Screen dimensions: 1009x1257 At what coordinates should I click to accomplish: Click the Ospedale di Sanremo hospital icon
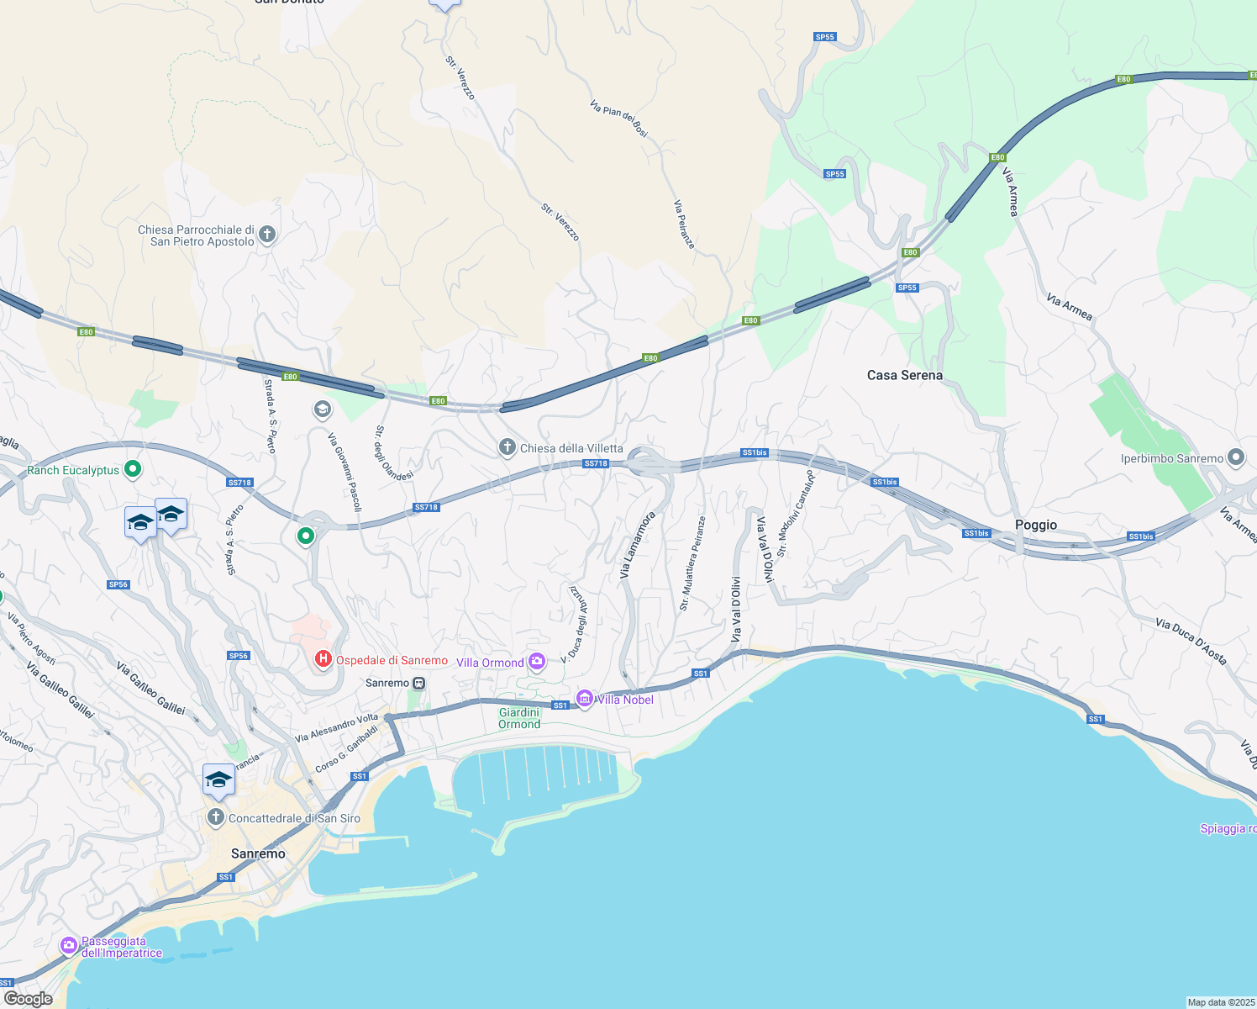[x=323, y=660]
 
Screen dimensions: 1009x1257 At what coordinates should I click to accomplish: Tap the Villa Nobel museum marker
[x=585, y=699]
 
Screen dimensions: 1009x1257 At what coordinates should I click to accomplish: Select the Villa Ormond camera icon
[x=537, y=662]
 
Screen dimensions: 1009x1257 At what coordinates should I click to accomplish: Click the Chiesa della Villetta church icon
[x=507, y=447]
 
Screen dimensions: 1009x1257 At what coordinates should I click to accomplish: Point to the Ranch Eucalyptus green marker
[x=133, y=469]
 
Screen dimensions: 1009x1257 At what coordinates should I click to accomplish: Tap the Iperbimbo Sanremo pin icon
[x=1235, y=457]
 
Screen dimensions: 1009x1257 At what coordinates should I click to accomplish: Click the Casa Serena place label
[x=904, y=375]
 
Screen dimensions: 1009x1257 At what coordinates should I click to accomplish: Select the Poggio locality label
[x=1035, y=525]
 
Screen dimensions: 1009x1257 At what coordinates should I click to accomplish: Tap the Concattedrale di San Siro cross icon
[x=216, y=817]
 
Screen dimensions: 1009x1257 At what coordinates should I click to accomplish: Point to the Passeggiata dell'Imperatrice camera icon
[x=69, y=946]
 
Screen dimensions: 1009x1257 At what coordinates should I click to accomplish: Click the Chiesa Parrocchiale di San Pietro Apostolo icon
[x=267, y=235]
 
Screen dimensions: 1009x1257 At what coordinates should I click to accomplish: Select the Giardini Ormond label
[x=519, y=718]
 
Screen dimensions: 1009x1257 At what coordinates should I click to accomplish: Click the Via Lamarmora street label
[x=637, y=545]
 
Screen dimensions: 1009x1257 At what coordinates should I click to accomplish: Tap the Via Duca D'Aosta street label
[x=1191, y=641]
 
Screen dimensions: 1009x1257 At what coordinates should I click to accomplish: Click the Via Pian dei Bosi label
[x=619, y=119]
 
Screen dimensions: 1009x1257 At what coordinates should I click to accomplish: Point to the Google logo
[x=28, y=998]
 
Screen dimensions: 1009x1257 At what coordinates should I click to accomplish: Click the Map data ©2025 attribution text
[x=1221, y=1002]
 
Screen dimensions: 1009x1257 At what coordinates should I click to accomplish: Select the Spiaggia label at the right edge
[x=1228, y=828]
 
